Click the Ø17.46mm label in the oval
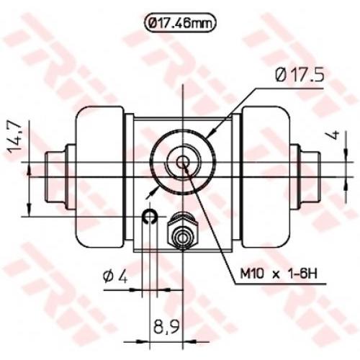point(180,23)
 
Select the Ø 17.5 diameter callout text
point(300,75)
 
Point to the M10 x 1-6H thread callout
point(279,274)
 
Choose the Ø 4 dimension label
point(115,277)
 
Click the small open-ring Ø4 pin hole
point(150,216)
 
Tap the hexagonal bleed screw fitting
point(183,231)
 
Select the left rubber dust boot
point(100,177)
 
